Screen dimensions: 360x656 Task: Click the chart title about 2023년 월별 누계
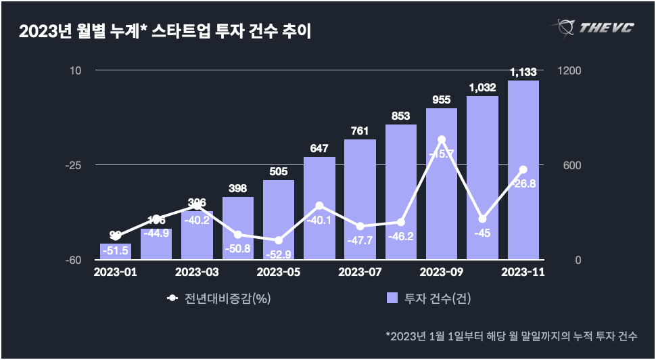165,31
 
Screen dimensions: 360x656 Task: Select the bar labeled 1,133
523,169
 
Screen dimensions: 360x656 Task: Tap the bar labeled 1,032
482,177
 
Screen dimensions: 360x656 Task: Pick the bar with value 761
360,199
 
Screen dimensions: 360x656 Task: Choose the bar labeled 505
279,219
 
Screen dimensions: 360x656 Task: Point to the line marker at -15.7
442,140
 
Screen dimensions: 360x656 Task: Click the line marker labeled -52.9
279,240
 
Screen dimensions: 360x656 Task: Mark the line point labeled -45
482,219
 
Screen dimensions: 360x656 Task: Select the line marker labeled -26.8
523,170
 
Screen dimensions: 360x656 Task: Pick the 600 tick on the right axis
565,165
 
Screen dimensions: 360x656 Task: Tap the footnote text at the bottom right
511,336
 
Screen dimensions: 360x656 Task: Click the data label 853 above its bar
401,116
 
